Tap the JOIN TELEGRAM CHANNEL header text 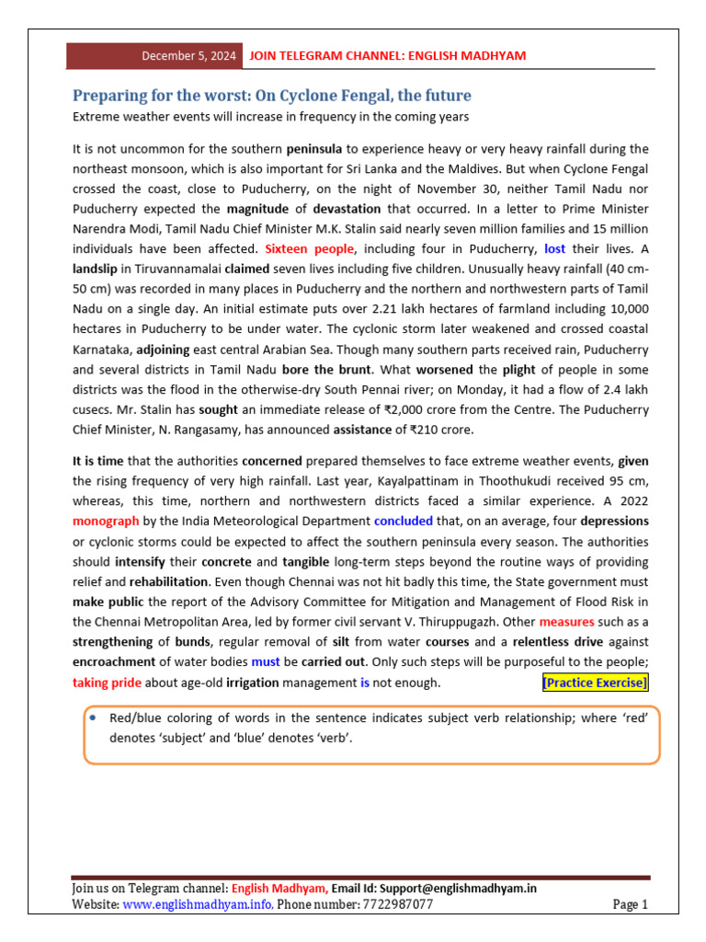[387, 56]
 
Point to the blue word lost [554, 248]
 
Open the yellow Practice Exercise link [595, 683]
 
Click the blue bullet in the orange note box [94, 717]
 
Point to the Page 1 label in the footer [631, 905]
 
